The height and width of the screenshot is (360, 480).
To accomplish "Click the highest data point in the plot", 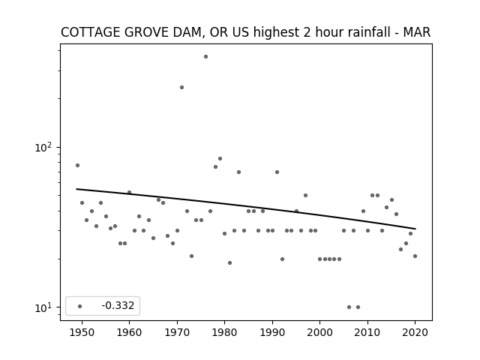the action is coord(205,57).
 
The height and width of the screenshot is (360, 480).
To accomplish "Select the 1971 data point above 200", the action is coord(181,88).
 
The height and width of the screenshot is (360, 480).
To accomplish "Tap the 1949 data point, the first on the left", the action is coord(77,165).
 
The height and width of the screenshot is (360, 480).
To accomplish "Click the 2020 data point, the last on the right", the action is coord(415,256).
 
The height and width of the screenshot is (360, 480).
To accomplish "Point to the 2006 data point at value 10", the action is coord(349,307).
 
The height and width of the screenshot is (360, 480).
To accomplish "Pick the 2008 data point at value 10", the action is coord(358,307).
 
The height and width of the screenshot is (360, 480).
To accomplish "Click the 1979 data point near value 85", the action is coord(220,158).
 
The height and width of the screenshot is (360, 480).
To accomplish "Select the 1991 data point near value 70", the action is coord(277,172).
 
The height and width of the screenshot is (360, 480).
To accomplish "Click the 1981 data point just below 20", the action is coord(230,262).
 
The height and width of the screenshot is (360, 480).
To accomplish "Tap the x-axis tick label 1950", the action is coord(82,332).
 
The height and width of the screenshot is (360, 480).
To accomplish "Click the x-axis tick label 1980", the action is coord(224,332).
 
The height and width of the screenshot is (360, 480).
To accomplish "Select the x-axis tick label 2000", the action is coord(320,332).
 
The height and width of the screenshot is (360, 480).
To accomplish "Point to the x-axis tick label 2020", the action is coord(415,332).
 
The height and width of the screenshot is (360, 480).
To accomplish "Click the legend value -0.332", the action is coord(118,305).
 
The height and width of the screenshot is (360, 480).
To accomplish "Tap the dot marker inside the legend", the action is coord(80,306).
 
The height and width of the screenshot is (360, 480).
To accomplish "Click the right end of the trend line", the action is coord(415,229).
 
